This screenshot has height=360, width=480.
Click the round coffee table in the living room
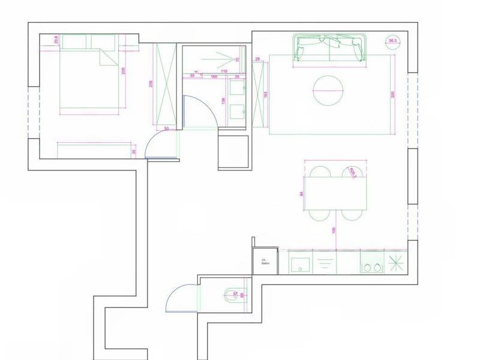[x=328, y=91]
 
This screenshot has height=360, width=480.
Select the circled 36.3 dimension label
[x=394, y=41]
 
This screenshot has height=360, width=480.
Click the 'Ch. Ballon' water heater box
[x=265, y=262]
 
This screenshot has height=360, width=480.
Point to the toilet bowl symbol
[x=232, y=294]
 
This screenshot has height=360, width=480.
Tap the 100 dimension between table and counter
[x=334, y=230]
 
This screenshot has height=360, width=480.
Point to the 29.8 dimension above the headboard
[x=56, y=40]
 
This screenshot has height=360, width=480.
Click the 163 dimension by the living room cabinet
[x=265, y=94]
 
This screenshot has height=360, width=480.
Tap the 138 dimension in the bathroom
[x=224, y=101]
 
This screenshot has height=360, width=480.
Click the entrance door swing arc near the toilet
[x=178, y=298]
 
